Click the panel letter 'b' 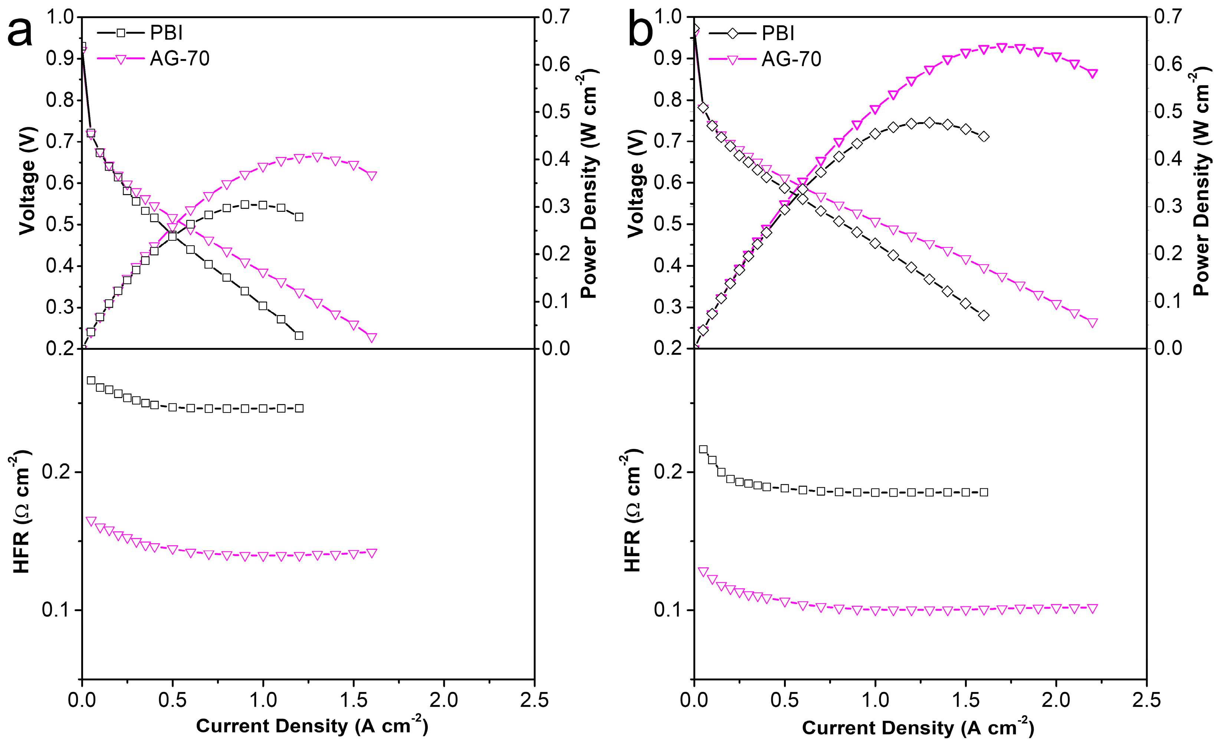[x=640, y=33]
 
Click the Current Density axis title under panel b [x=918, y=727]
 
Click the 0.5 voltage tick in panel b [x=667, y=224]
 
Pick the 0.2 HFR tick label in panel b [x=667, y=472]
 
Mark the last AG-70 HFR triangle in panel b [x=1092, y=608]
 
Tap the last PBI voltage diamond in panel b [x=984, y=315]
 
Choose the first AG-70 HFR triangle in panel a [x=91, y=521]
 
